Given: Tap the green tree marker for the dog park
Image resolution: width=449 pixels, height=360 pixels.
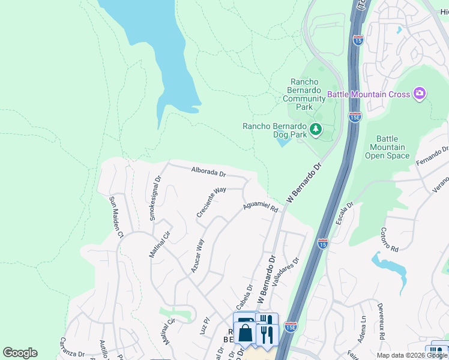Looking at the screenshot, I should pyautogui.click(x=315, y=129).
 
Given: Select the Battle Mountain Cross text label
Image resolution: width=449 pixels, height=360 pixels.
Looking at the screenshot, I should pyautogui.click(x=369, y=94).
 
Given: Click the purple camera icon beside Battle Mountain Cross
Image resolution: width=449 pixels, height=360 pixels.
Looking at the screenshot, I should pyautogui.click(x=420, y=94).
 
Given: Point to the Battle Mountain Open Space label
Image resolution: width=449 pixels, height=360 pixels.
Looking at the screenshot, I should pyautogui.click(x=387, y=147).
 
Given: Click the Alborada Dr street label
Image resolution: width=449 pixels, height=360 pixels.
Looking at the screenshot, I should pyautogui.click(x=208, y=173).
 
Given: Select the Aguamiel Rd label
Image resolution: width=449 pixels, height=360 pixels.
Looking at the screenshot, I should pyautogui.click(x=260, y=208).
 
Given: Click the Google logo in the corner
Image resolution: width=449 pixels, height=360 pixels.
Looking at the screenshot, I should pyautogui.click(x=20, y=353).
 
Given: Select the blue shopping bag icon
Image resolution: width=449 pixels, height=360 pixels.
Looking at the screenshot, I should pyautogui.click(x=245, y=332).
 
